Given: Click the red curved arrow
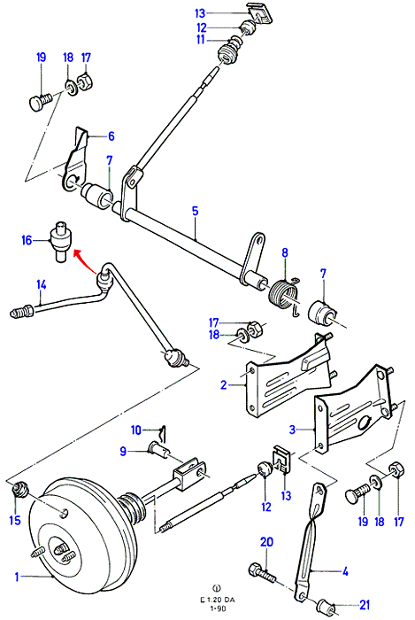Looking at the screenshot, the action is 84,260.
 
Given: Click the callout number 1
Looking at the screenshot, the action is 17,577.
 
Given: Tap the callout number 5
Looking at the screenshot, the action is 196,211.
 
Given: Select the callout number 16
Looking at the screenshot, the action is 27,240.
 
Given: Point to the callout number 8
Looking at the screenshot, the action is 285,252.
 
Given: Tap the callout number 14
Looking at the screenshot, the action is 42,284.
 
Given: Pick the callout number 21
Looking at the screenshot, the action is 365,605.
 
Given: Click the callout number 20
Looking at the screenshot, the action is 267,542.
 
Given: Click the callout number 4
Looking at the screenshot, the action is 345,571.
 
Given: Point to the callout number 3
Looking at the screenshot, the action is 292,430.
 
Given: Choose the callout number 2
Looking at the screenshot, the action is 224,384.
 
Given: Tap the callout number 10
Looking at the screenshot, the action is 136,430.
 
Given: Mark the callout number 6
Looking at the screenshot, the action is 111,136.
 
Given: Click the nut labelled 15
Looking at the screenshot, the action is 19,491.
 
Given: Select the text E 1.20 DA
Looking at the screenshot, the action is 217,600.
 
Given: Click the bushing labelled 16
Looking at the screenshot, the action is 60,240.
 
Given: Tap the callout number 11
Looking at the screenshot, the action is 201,40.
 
